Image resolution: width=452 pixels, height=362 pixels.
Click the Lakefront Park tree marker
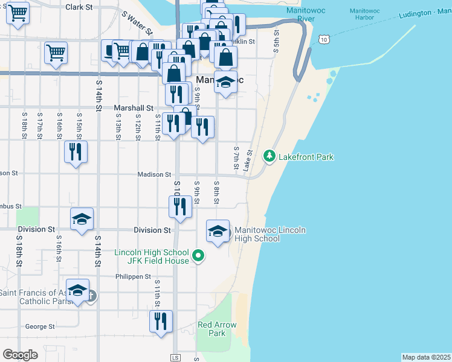click(x=270, y=157)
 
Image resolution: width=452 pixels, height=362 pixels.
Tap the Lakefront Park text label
click(x=306, y=157)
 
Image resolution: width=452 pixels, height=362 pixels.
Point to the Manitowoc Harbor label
click(x=366, y=16)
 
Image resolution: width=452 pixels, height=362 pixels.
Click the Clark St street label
click(x=79, y=7)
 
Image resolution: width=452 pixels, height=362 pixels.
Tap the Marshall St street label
click(x=134, y=108)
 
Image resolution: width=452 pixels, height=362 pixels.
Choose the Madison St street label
click(x=154, y=174)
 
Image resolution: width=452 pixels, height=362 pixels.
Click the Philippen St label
click(x=133, y=277)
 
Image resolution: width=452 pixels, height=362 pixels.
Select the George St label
click(x=40, y=326)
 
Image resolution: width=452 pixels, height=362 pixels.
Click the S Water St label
click(x=137, y=22)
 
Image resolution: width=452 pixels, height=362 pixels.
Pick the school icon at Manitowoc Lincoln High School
click(x=218, y=230)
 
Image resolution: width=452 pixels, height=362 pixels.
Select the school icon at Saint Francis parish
click(x=77, y=290)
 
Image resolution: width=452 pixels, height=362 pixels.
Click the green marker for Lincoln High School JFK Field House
click(x=198, y=256)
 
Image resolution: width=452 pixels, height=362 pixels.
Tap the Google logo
click(x=20, y=355)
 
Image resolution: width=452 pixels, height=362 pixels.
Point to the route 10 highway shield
click(x=324, y=40)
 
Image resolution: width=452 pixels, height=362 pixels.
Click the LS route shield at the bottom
click(x=176, y=358)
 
